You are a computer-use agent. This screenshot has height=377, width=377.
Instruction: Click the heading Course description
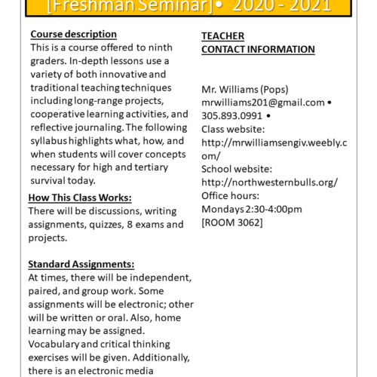point(72,34)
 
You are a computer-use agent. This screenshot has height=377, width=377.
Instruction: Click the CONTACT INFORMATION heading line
point(258,49)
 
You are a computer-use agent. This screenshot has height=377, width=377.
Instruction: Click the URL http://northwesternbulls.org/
point(269,182)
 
